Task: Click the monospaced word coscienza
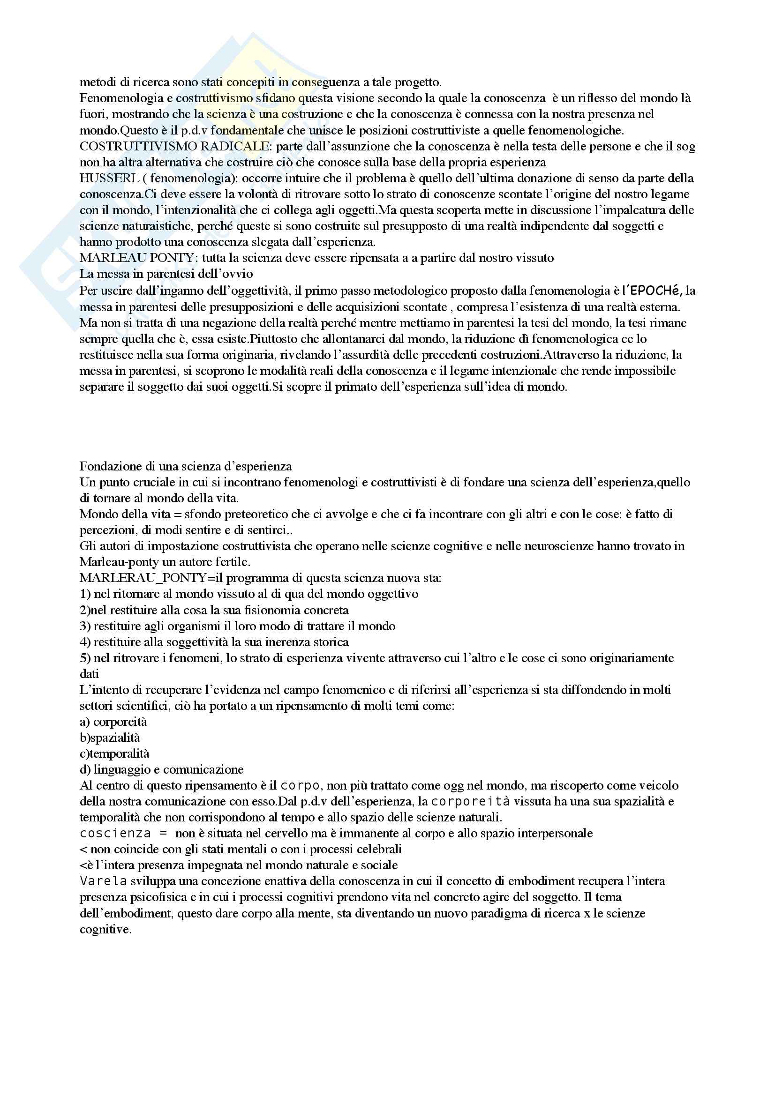click(115, 834)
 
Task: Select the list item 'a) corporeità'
click(113, 722)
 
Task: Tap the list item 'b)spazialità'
click(110, 738)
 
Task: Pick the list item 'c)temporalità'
click(114, 754)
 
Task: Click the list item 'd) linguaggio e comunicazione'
click(161, 769)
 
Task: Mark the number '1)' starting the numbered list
click(85, 594)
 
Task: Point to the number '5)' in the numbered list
click(85, 658)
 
